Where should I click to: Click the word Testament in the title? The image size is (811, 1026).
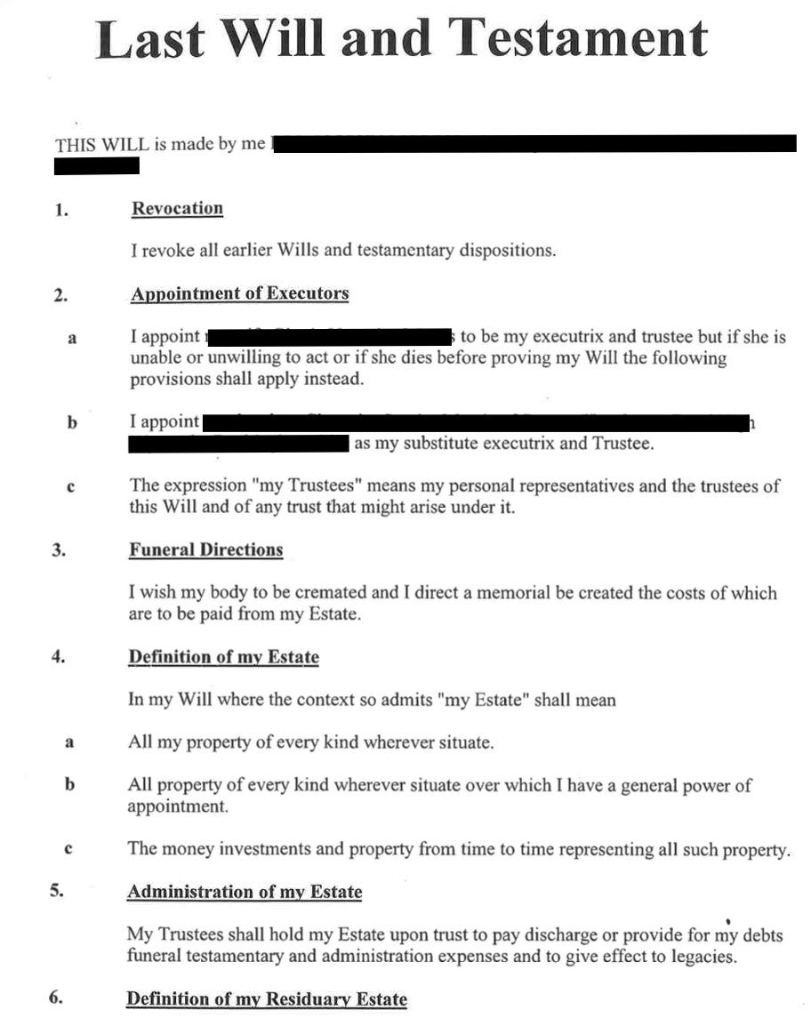coord(577,38)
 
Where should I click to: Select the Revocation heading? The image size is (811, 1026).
coord(177,209)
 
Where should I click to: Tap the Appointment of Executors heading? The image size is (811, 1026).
coord(239,294)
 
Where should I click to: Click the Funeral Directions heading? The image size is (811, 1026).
coord(205,550)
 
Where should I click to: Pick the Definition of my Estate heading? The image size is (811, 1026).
coord(223,658)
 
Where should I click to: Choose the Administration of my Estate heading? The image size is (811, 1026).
coord(245,893)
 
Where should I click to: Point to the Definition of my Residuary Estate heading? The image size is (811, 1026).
coord(266,999)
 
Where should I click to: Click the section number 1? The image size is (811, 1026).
coord(60,211)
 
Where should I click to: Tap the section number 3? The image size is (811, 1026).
coord(59,550)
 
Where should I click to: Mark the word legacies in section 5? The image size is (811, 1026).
coord(703,958)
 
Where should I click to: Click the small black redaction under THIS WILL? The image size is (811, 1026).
coord(97,166)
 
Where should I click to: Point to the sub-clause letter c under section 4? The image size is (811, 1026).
coord(69,850)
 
